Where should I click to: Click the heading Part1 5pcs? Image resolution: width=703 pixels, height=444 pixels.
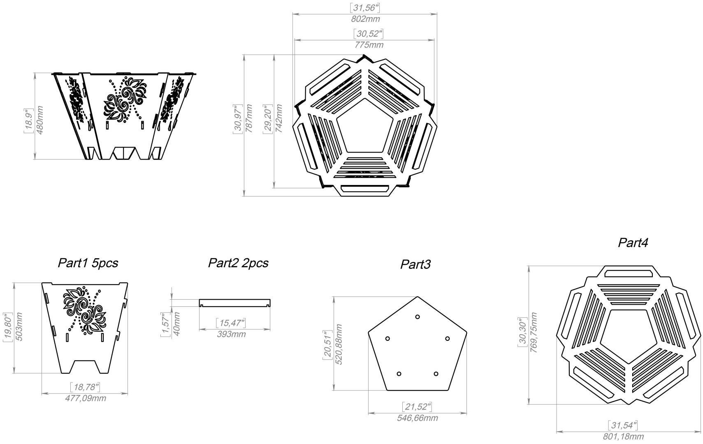coord(88,263)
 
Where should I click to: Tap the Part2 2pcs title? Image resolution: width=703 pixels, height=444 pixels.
coord(238,263)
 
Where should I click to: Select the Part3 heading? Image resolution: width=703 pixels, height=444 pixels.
coord(415,264)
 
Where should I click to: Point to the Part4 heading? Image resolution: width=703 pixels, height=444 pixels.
coord(633,243)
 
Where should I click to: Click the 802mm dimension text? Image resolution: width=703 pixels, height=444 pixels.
coord(365,19)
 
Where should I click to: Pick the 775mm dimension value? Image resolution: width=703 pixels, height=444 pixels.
coord(369,45)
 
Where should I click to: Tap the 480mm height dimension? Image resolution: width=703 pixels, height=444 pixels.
coord(40,120)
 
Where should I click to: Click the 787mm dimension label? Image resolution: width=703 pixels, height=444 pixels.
coord(249,118)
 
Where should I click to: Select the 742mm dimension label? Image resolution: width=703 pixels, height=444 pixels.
coord(278,118)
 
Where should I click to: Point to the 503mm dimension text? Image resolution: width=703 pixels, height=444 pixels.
coord(19,327)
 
